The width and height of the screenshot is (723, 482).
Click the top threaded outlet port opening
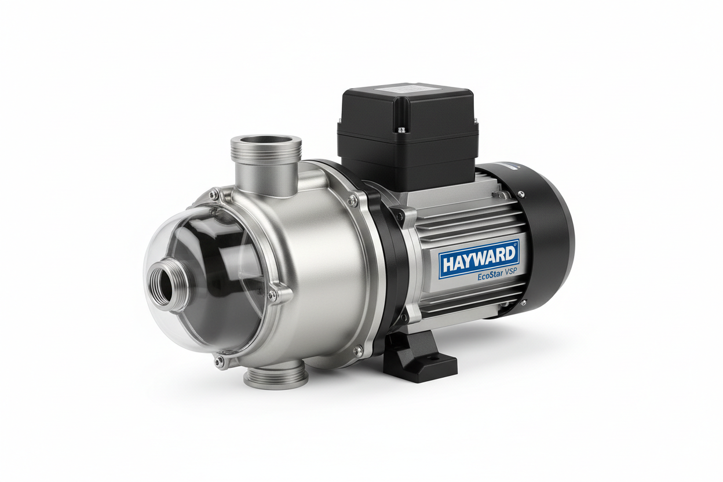coord(266,141)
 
